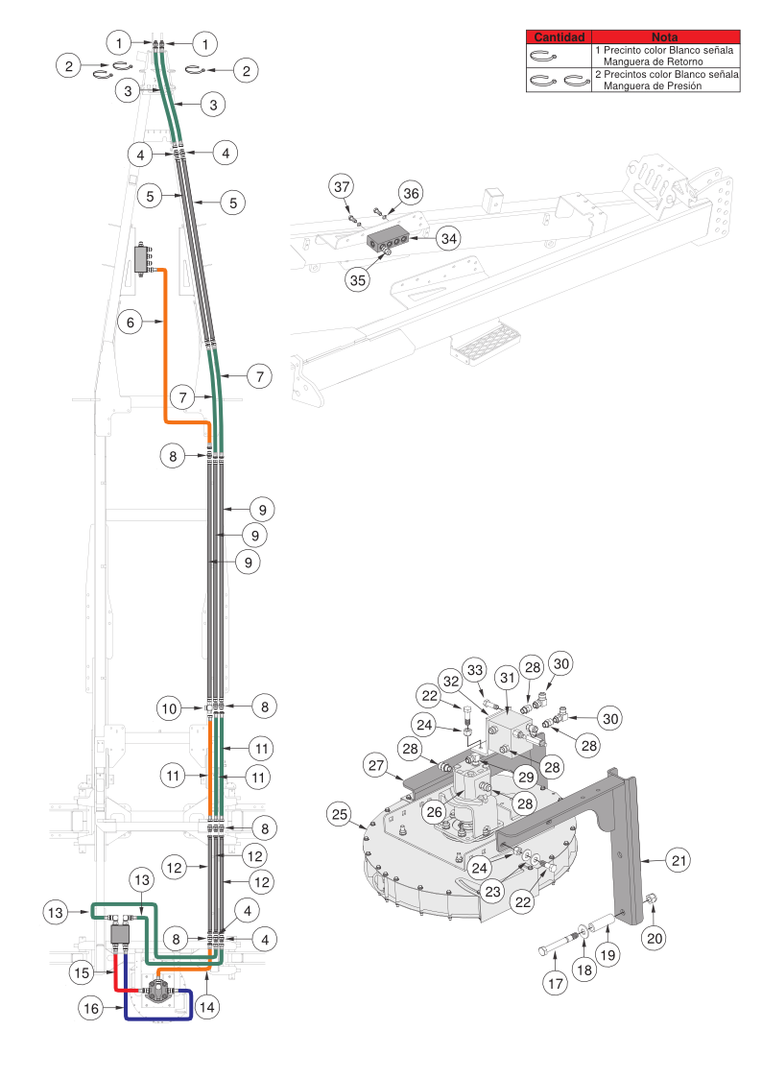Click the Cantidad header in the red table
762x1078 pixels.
coord(559,36)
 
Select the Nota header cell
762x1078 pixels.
coord(664,36)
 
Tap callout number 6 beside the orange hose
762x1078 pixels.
coord(131,323)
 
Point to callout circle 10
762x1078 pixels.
coord(170,708)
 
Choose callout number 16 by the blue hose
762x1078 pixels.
coord(91,1009)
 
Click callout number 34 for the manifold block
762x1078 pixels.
coord(447,237)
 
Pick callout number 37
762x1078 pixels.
coord(343,184)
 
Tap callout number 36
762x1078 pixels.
coord(411,194)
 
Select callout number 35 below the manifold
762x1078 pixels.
coord(357,280)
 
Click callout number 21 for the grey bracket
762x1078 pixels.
coord(679,861)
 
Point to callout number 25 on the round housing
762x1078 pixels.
coord(338,814)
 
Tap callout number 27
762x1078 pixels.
coord(376,765)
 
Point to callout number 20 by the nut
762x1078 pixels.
coord(654,936)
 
